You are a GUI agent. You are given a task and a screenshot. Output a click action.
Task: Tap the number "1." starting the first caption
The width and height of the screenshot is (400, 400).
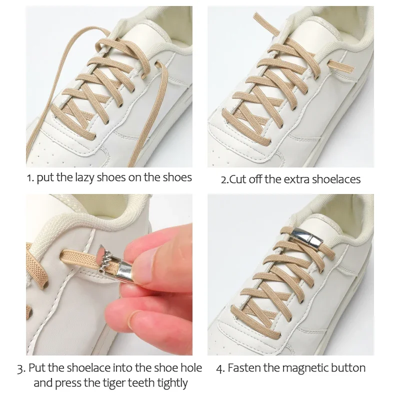[30, 178]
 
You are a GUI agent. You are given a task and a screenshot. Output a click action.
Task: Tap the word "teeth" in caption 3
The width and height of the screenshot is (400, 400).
[132, 383]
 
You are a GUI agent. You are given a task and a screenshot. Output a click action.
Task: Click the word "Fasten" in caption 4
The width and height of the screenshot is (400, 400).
[244, 368]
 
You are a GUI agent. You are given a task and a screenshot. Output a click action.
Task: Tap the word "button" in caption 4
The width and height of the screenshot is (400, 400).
[348, 368]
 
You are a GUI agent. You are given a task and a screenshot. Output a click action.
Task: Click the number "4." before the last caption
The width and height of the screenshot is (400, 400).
[220, 368]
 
